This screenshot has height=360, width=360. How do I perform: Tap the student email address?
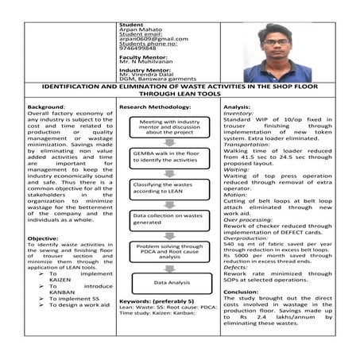(x=153, y=39)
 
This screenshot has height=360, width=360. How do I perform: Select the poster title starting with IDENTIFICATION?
(x=180, y=91)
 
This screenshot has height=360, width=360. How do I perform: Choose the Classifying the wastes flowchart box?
(x=166, y=188)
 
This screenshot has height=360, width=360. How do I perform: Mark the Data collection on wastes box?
(x=166, y=219)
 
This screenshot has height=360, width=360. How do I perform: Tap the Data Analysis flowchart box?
(x=166, y=281)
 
